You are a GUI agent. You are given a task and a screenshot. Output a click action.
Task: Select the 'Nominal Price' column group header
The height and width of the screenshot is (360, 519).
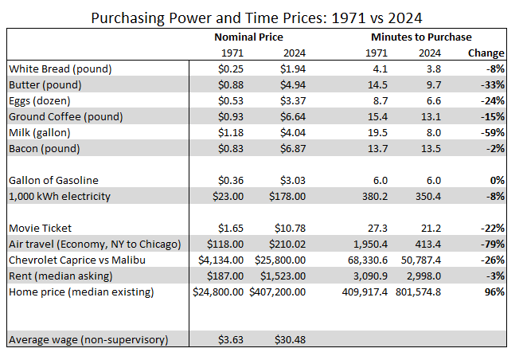248,37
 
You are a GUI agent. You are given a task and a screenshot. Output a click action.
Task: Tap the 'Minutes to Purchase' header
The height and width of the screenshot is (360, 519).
420,37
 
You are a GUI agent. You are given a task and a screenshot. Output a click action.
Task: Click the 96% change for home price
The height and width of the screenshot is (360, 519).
493,292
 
